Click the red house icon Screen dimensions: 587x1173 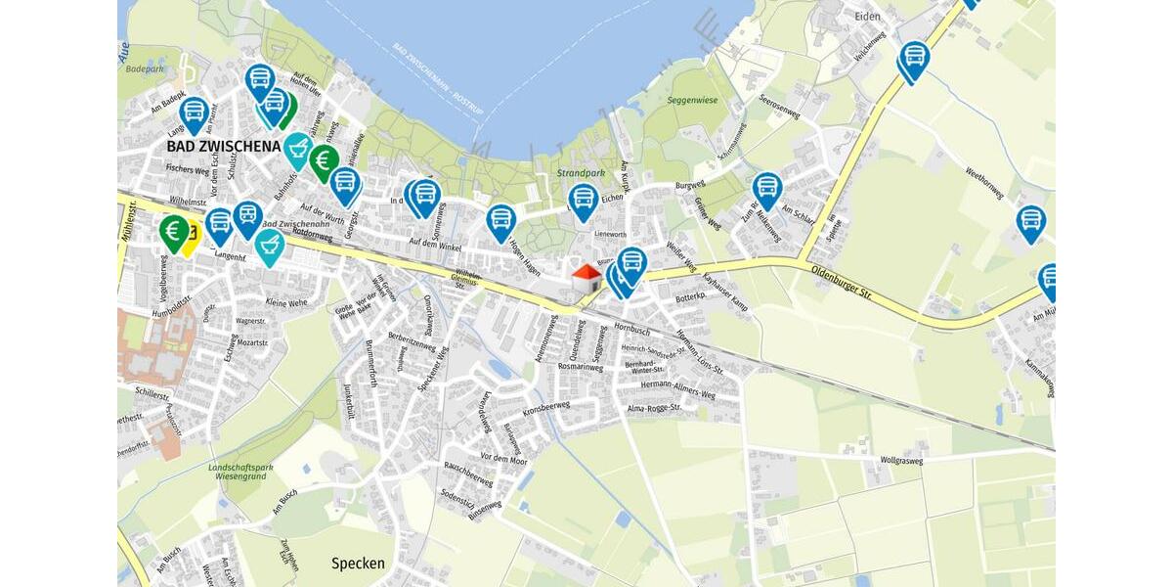point(586,277)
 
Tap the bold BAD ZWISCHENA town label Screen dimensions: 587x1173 point(224,146)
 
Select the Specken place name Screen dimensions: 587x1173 point(358,564)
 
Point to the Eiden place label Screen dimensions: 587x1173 point(867,17)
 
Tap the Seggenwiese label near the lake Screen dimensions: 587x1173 point(691,99)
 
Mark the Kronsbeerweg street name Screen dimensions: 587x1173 point(546,406)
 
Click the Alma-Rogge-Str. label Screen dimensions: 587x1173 point(652,407)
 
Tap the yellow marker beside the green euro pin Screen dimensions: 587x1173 point(188,236)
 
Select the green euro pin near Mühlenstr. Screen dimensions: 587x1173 point(174,232)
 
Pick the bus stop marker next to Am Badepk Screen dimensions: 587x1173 point(194,112)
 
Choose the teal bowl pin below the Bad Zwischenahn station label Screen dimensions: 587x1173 point(270,247)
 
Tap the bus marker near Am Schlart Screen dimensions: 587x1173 point(767,188)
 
